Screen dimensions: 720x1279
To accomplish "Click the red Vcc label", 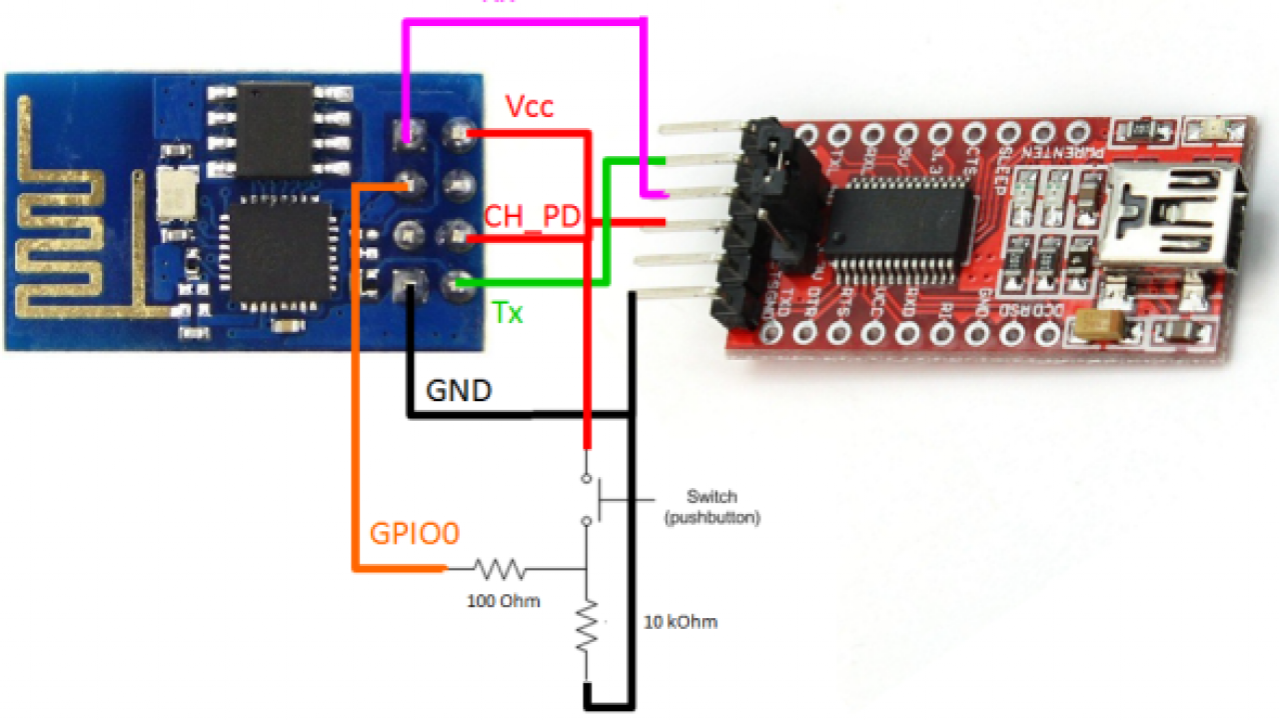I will [530, 107].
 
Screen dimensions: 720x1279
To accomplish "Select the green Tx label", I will [508, 313].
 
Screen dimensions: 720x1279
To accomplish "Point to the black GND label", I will [459, 390].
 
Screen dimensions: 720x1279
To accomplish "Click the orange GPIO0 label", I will [415, 534].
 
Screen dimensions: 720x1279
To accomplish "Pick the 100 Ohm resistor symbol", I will [500, 570].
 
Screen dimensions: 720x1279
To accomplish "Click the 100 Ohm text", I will [504, 601].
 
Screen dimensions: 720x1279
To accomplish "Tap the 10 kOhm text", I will [679, 622].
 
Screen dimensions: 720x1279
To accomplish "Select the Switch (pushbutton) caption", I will [710, 507].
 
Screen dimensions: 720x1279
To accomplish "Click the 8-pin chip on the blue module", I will [275, 129].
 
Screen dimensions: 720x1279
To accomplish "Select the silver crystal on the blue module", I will [178, 193].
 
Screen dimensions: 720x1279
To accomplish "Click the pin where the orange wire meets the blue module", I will [408, 184].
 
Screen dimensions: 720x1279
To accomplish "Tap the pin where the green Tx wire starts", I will [460, 284].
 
